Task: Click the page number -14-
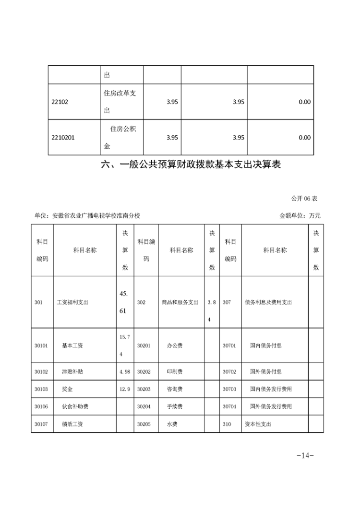(x=305, y=455)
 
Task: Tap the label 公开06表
(x=304, y=198)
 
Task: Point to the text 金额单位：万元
(x=300, y=216)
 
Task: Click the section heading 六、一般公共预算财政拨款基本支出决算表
(x=191, y=165)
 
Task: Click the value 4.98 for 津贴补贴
(x=124, y=372)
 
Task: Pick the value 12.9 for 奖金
(x=124, y=389)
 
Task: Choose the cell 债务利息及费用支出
(x=268, y=303)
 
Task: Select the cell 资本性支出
(x=258, y=424)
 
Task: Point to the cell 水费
(x=172, y=424)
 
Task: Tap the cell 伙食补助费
(x=75, y=406)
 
